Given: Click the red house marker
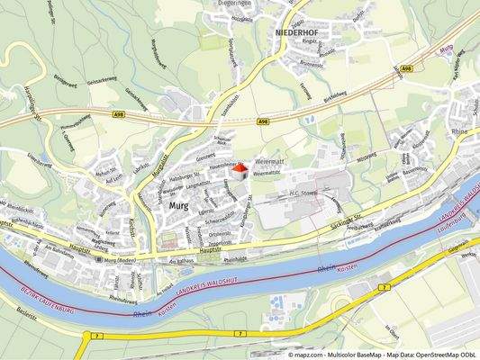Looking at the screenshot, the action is tap(240, 171).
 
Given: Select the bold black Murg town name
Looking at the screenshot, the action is tap(179, 206).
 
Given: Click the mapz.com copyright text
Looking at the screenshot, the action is tap(384, 355).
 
